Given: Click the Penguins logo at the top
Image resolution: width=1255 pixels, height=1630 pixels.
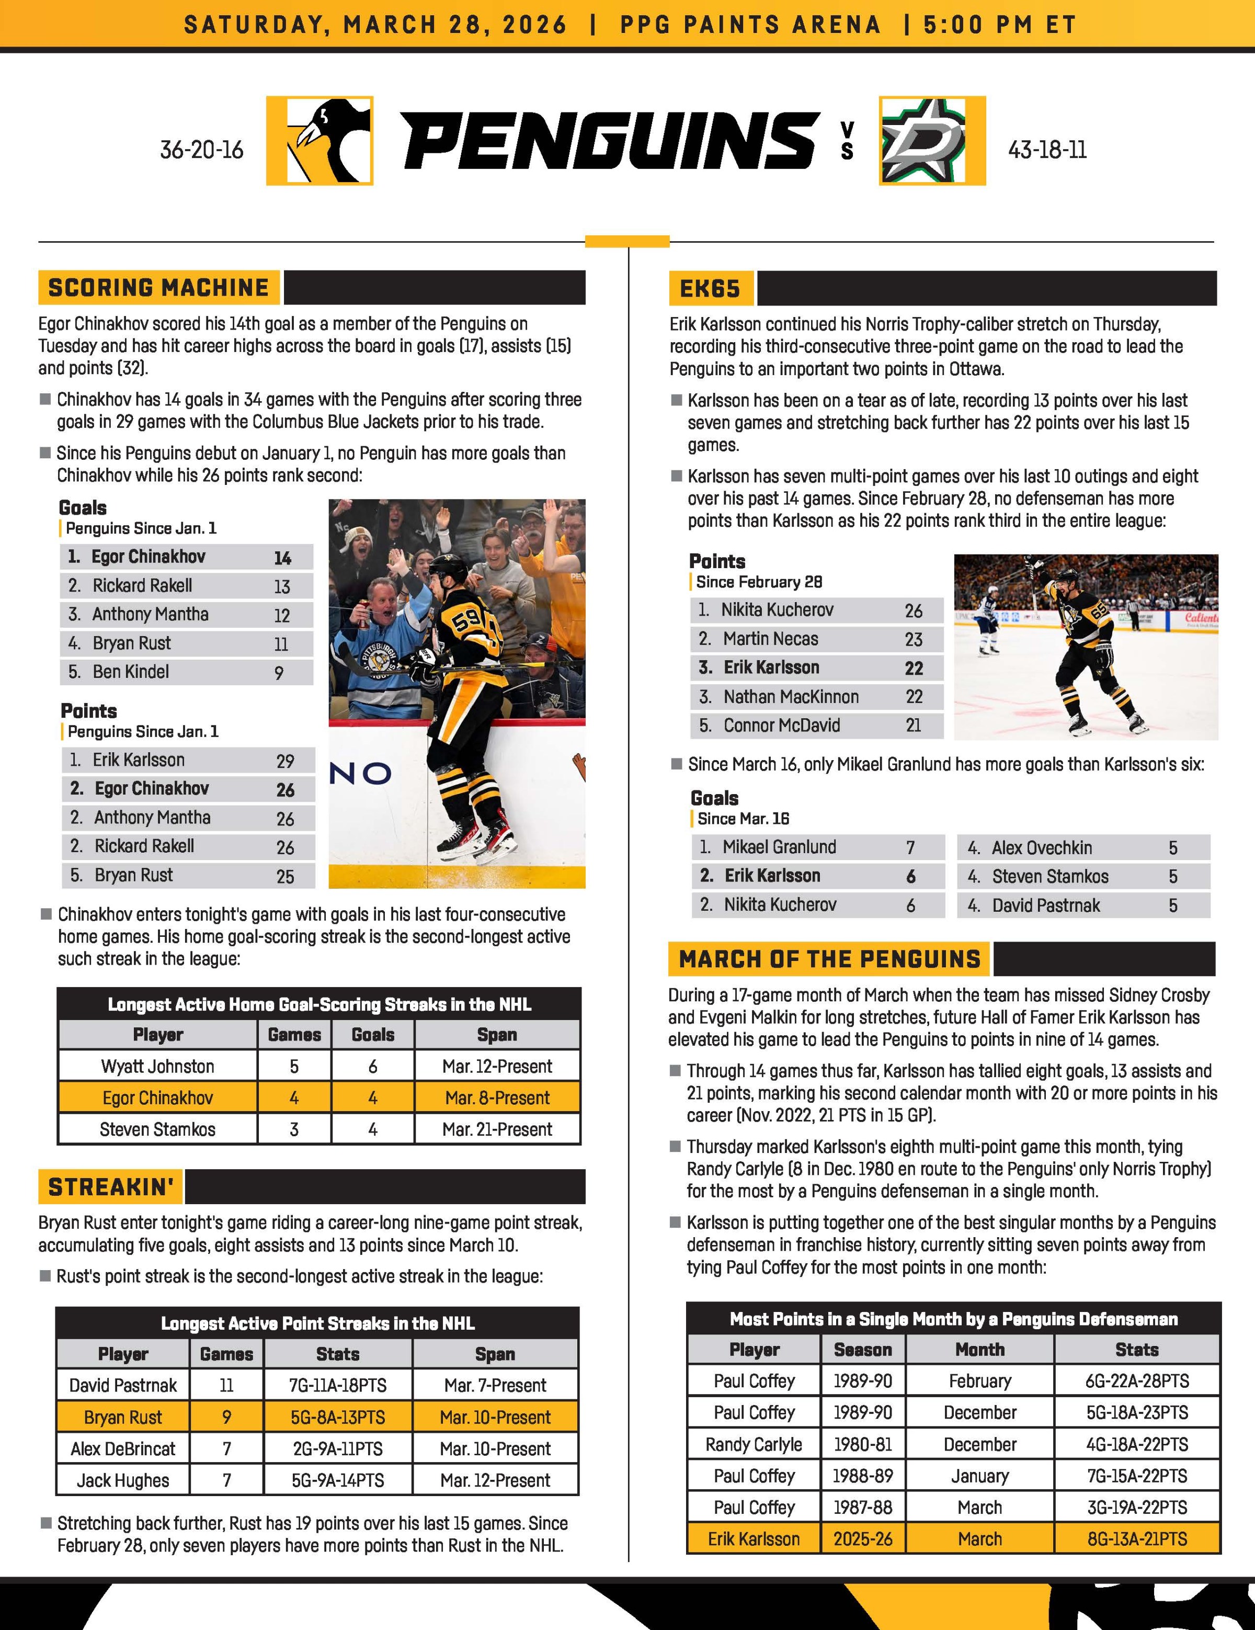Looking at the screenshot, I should pos(320,141).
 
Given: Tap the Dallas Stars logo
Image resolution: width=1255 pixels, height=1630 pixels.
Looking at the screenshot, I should pos(932,141).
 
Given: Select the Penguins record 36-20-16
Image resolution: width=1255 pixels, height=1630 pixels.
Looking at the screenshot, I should pos(201,150).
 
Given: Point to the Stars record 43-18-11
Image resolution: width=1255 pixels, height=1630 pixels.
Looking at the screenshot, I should pos(1047,150).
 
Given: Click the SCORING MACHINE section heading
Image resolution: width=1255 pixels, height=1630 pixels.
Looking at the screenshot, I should pos(158,288).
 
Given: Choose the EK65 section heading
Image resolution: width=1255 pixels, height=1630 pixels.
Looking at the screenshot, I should pos(710,289).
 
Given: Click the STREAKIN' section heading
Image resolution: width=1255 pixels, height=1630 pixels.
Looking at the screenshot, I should pos(110,1187).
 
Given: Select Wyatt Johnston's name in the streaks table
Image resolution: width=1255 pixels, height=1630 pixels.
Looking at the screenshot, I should pos(157,1067).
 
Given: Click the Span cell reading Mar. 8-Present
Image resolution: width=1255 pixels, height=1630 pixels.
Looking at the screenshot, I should pos(497,1098).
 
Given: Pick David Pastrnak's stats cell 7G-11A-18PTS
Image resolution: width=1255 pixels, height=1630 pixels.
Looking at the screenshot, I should pos(337,1386).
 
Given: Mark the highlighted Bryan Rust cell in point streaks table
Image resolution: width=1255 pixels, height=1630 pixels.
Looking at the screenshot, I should pos(123,1417).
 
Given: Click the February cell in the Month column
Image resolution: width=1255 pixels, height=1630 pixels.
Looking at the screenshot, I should pos(979,1382).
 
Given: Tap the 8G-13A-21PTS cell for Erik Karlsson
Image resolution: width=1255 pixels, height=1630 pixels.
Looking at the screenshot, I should pos(1136,1539).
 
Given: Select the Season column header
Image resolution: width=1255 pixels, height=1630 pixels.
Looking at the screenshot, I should pos(862,1350).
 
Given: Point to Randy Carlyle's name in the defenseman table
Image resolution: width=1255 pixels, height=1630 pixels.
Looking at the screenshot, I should pos(754,1445).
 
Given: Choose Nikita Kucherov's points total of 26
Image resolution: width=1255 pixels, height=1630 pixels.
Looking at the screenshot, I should pos(913,610).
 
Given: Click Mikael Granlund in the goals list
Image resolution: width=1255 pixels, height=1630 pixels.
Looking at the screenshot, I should pos(779,847).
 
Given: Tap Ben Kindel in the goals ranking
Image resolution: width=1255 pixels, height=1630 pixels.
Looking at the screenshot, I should pos(131,672).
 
